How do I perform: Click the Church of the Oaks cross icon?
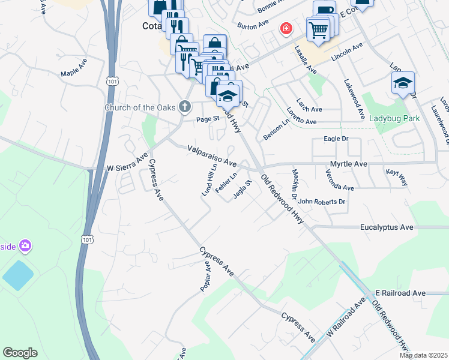(185, 107)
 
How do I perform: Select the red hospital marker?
(286, 28)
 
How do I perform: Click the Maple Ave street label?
(74, 67)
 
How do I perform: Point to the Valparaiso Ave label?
(212, 155)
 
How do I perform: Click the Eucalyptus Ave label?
(387, 227)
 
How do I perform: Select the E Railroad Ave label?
(400, 293)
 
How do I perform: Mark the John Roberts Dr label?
(322, 202)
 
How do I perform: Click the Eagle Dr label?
(336, 139)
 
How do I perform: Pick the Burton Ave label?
(252, 26)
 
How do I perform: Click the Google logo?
(20, 353)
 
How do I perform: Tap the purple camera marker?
(25, 245)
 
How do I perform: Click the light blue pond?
(19, 275)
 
